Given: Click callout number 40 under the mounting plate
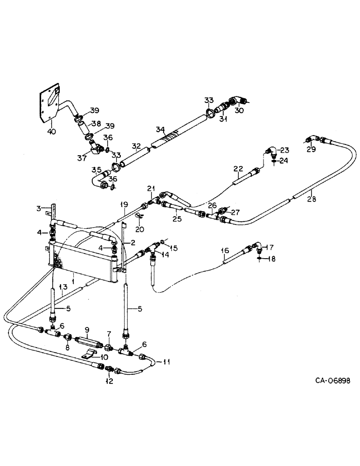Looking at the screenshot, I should (52, 132).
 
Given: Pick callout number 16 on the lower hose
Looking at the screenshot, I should (225, 251).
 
